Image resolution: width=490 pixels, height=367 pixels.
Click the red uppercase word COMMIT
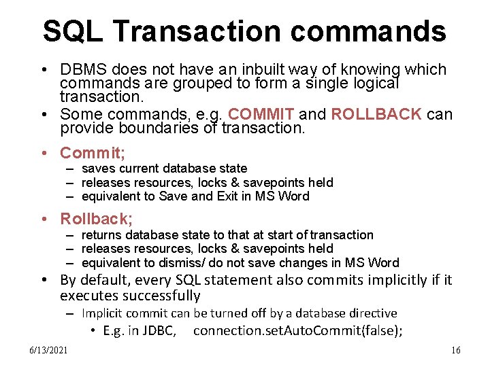pyautogui.click(x=261, y=114)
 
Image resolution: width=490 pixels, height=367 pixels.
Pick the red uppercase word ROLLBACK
pyautogui.click(x=376, y=114)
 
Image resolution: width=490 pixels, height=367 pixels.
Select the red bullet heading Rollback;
pyautogui.click(x=97, y=219)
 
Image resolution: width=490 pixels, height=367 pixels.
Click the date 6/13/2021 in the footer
pyautogui.click(x=48, y=350)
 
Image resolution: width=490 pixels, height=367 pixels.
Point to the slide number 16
pyautogui.click(x=455, y=350)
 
